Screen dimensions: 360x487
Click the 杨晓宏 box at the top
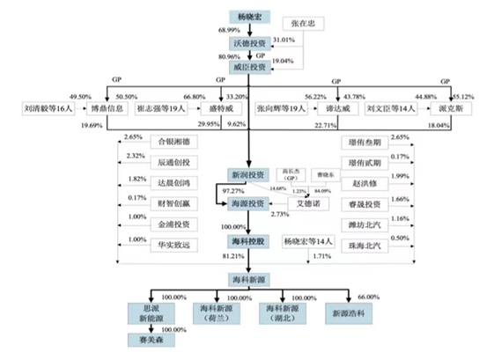(x=251, y=16)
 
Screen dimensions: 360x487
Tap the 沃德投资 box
(x=251, y=43)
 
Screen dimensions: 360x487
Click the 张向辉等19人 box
(x=281, y=110)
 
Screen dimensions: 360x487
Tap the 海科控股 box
(x=250, y=240)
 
